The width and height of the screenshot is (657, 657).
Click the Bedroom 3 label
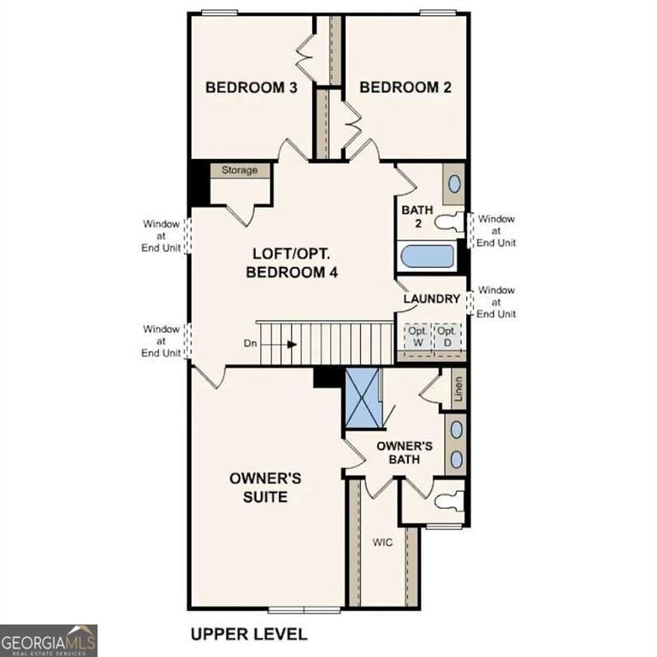pyautogui.click(x=251, y=87)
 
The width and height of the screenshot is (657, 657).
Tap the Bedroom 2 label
pyautogui.click(x=405, y=87)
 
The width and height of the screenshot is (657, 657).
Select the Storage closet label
pyautogui.click(x=240, y=170)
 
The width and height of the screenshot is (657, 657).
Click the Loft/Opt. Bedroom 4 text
pyautogui.click(x=293, y=263)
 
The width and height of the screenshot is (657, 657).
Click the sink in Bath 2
pyautogui.click(x=454, y=183)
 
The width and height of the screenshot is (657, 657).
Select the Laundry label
pyautogui.click(x=432, y=299)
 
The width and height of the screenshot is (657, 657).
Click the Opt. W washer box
pyautogui.click(x=417, y=335)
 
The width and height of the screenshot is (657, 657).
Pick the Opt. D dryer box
pyautogui.click(x=446, y=335)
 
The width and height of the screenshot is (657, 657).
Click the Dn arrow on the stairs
pyautogui.click(x=291, y=345)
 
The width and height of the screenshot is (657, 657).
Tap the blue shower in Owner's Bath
pyautogui.click(x=362, y=398)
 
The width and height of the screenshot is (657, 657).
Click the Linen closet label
pyautogui.click(x=459, y=390)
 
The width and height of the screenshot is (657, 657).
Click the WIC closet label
pyautogui.click(x=382, y=542)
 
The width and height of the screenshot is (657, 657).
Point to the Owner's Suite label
pyautogui.click(x=264, y=488)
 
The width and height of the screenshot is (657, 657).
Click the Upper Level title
pyautogui.click(x=248, y=634)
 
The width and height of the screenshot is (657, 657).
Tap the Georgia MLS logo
pyautogui.click(x=49, y=640)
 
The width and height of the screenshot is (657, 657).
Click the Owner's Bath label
pyautogui.click(x=405, y=453)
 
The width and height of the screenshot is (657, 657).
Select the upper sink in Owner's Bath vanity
pyautogui.click(x=456, y=429)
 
